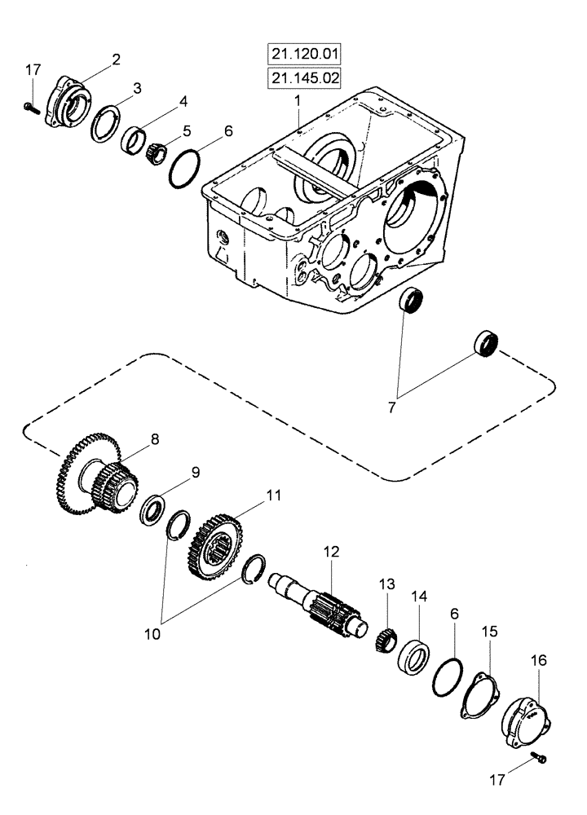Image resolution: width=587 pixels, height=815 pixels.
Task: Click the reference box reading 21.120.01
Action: (302, 55)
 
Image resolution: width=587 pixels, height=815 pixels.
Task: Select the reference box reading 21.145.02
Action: (302, 78)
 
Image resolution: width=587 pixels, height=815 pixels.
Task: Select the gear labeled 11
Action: (221, 545)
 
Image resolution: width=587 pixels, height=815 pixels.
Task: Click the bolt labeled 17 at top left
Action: (30, 106)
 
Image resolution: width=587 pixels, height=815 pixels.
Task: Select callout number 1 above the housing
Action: (298, 99)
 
